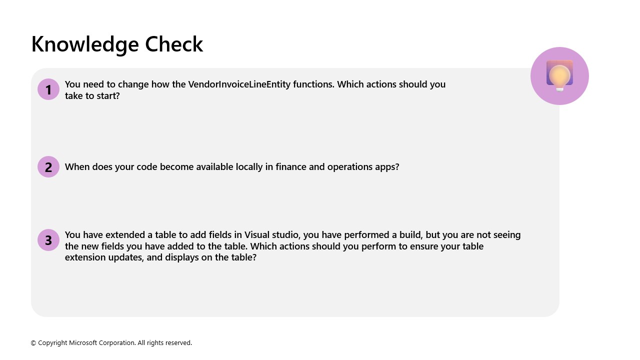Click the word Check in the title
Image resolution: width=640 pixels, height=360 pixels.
point(174,44)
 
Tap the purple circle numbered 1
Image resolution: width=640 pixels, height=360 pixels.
point(48,89)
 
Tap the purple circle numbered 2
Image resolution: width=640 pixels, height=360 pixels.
point(48,167)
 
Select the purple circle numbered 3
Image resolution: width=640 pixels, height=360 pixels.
point(48,240)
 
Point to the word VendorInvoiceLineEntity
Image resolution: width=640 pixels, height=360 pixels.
point(239,84)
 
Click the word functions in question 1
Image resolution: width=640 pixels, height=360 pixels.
point(313,84)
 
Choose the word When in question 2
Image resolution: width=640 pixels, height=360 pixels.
point(76,167)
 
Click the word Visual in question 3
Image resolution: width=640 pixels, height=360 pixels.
point(258,235)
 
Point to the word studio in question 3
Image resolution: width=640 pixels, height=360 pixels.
point(287,235)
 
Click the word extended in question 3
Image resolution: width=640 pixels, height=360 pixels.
point(125,235)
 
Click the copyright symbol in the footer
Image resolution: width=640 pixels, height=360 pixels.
point(33,343)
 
